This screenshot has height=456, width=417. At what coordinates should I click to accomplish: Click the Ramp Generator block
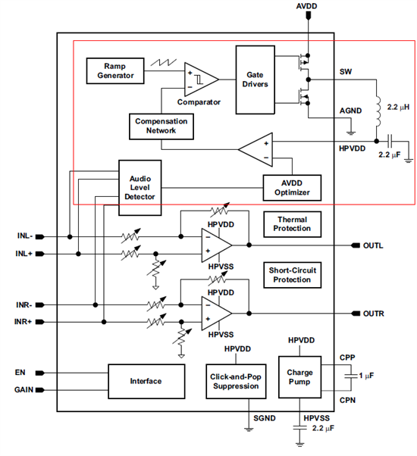point(115,71)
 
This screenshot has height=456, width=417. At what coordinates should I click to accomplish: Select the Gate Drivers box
point(256,80)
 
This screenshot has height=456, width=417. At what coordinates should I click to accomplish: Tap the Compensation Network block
point(161,126)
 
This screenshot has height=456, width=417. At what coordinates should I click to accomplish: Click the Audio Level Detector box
point(140,188)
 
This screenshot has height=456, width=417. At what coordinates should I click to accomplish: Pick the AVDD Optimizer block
point(292,188)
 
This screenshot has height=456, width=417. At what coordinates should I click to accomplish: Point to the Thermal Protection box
point(292,224)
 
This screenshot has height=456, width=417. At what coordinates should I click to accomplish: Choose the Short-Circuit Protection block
point(292,275)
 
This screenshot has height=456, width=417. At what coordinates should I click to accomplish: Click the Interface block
point(146,381)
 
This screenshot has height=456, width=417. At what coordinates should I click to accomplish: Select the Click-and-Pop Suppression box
point(236,381)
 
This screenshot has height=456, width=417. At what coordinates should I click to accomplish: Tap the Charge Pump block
point(299,377)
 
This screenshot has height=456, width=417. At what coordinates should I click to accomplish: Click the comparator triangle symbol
point(201,79)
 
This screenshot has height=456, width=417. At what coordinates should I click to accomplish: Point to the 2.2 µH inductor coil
point(378,111)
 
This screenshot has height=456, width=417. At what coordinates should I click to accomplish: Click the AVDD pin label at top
point(306,6)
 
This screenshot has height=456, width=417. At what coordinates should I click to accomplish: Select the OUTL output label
point(373,245)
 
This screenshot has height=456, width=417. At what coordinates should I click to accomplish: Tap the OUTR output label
point(373,314)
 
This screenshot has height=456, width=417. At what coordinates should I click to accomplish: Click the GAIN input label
point(24,389)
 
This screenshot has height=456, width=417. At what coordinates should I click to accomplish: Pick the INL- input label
point(25,236)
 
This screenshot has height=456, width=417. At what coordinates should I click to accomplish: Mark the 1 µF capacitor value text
point(366,376)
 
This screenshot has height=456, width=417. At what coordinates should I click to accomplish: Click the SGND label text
point(264,418)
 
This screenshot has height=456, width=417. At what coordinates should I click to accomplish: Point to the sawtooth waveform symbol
point(164,62)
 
